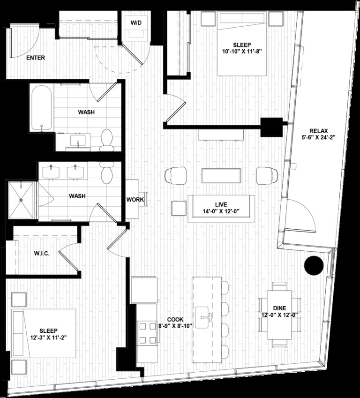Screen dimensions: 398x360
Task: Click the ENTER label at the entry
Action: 36,58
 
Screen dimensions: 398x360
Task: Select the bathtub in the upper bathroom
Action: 42,108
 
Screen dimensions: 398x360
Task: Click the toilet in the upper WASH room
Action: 107,140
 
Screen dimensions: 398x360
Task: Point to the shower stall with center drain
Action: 21,201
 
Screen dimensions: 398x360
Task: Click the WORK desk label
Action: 135,200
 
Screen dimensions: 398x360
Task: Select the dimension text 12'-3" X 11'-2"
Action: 44,336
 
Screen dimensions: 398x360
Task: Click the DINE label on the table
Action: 279,308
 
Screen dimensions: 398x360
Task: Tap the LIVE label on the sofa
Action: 221,205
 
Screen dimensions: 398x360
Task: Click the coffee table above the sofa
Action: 221,175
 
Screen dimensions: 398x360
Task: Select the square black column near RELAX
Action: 271,127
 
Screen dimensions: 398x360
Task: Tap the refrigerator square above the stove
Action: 144,290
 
